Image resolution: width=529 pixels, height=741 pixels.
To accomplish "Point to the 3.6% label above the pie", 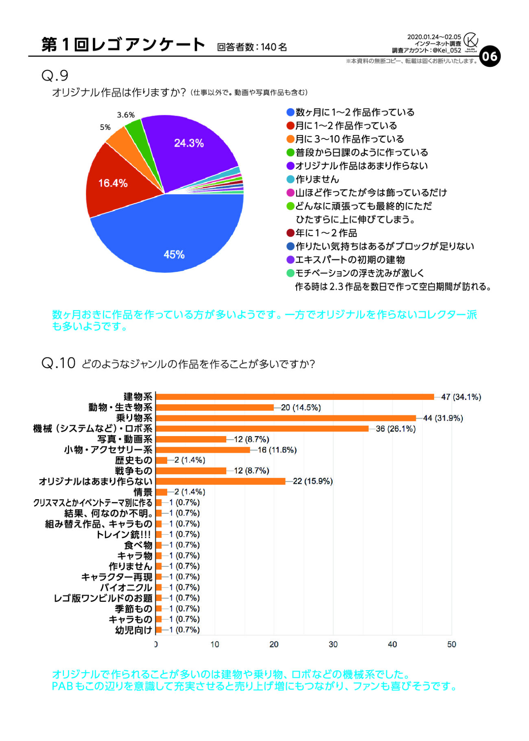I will pyautogui.click(x=126, y=115).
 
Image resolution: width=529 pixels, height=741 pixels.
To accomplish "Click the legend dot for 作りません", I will pyautogui.click(x=290, y=180).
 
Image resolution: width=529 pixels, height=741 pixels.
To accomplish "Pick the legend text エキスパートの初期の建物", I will pyautogui.click(x=350, y=260).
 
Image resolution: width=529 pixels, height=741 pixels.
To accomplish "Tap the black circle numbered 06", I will pyautogui.click(x=490, y=56).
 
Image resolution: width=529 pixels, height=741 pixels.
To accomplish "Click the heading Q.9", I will pyautogui.click(x=55, y=76).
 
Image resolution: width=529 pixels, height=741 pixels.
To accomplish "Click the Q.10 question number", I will pyautogui.click(x=59, y=363).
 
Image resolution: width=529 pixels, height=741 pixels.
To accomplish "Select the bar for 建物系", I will pyautogui.click(x=295, y=397).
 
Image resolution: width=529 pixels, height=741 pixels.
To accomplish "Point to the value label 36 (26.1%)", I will pyautogui.click(x=396, y=429).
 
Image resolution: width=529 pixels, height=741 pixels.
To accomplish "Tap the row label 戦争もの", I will pyautogui.click(x=133, y=471).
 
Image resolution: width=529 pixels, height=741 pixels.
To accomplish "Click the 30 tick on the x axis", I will pyautogui.click(x=333, y=645).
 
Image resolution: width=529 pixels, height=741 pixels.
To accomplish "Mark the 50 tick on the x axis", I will pyautogui.click(x=451, y=645).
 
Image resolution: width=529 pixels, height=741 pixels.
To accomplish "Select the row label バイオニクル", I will pyautogui.click(x=126, y=588).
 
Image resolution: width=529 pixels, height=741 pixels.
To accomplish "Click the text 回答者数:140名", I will pyautogui.click(x=252, y=47).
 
